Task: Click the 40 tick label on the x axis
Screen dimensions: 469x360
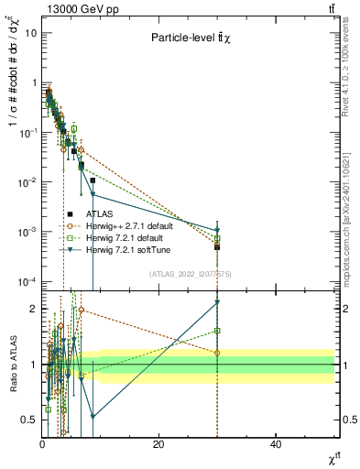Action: [x=276, y=444]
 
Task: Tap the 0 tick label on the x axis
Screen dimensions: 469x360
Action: [x=42, y=444]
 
